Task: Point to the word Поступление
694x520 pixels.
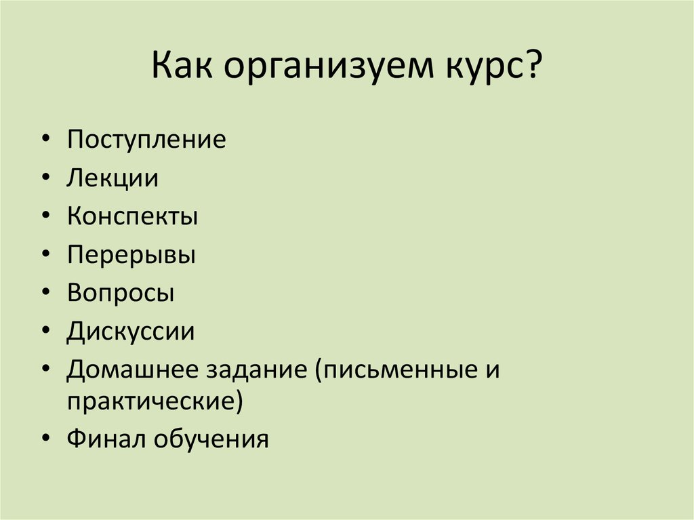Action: click(146, 140)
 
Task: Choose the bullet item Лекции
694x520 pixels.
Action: click(113, 179)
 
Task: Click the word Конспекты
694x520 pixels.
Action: click(132, 217)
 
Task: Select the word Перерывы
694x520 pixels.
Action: click(131, 256)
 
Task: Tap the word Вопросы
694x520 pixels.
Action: click(121, 294)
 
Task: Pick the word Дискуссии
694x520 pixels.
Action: click(131, 332)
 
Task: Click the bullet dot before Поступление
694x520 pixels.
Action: click(45, 140)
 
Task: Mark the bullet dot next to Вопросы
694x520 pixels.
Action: click(45, 294)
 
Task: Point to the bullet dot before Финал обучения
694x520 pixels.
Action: click(45, 439)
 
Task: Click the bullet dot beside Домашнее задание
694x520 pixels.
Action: click(45, 370)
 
